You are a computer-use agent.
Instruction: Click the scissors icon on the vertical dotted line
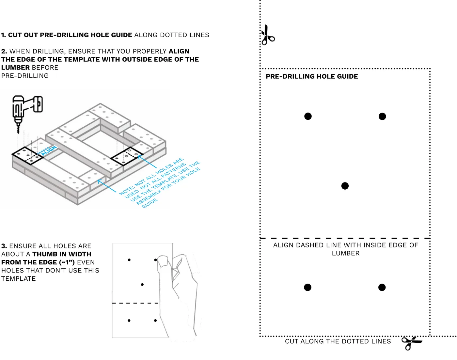pos(268,35)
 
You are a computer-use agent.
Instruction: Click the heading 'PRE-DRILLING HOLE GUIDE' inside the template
pos(311,76)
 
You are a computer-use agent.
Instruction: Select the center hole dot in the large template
pos(345,186)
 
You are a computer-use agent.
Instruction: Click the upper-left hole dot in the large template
pos(308,116)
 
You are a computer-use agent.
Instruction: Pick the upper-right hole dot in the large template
pos(382,117)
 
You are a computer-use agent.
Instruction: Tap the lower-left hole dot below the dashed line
pos(307,287)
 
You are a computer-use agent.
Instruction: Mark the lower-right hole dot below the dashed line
pos(382,287)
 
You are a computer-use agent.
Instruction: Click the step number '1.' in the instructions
pos(4,35)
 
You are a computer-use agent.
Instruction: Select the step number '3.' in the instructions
pos(4,246)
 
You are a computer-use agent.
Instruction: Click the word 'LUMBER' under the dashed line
pos(345,253)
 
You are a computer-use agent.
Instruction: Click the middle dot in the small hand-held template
pos(142,284)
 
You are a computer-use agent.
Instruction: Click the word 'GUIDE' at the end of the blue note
pos(150,203)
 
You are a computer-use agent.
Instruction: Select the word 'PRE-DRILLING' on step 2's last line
pos(25,76)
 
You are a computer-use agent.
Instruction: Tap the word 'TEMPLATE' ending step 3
pos(19,278)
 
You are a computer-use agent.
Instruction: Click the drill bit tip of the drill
pos(18,133)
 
